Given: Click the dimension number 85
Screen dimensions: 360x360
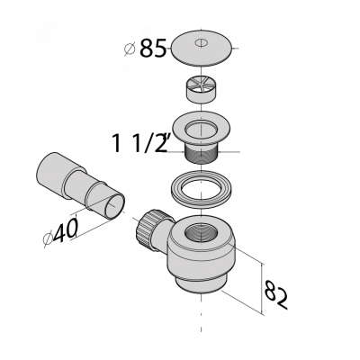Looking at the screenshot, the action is [x=153, y=49].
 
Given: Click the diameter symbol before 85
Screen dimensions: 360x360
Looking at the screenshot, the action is [x=130, y=49].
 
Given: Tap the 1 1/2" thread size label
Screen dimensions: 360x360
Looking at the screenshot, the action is [x=139, y=143].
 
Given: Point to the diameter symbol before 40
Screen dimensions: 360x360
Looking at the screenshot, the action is [x=48, y=239].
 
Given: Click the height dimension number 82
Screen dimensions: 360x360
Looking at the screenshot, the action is [x=275, y=294].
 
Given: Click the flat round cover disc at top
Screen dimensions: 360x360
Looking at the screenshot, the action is [x=202, y=48].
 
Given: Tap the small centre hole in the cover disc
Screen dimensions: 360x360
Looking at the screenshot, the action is [x=201, y=42].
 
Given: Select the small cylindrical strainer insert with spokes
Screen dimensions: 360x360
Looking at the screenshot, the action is [x=201, y=89].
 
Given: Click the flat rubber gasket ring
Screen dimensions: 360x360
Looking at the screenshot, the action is [x=202, y=190].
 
